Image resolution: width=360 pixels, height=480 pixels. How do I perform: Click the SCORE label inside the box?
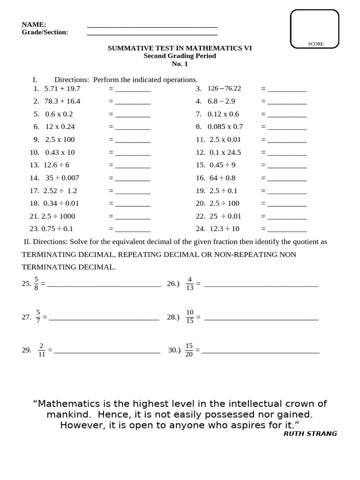(x=315, y=44)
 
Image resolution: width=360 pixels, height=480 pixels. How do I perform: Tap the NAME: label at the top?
(x=34, y=24)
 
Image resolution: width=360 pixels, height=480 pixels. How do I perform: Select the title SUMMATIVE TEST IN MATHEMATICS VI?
(x=180, y=48)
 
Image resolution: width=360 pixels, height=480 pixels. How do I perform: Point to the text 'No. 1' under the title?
(x=180, y=64)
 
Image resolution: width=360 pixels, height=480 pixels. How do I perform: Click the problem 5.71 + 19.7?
(x=62, y=89)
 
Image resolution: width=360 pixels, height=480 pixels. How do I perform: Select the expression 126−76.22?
(x=224, y=89)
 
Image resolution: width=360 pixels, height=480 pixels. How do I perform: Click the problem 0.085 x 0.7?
(x=225, y=127)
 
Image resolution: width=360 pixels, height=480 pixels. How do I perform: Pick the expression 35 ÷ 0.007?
(x=62, y=178)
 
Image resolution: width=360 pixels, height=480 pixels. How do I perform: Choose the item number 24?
(x=201, y=229)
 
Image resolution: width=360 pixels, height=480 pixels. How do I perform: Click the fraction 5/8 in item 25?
(x=36, y=284)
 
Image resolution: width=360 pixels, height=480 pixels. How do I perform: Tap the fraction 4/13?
(x=189, y=284)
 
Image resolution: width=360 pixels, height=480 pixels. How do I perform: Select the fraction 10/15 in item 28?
(x=189, y=317)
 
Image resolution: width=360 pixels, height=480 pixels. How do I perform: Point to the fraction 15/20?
(x=189, y=350)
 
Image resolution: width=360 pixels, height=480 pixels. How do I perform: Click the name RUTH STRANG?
(x=310, y=434)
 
